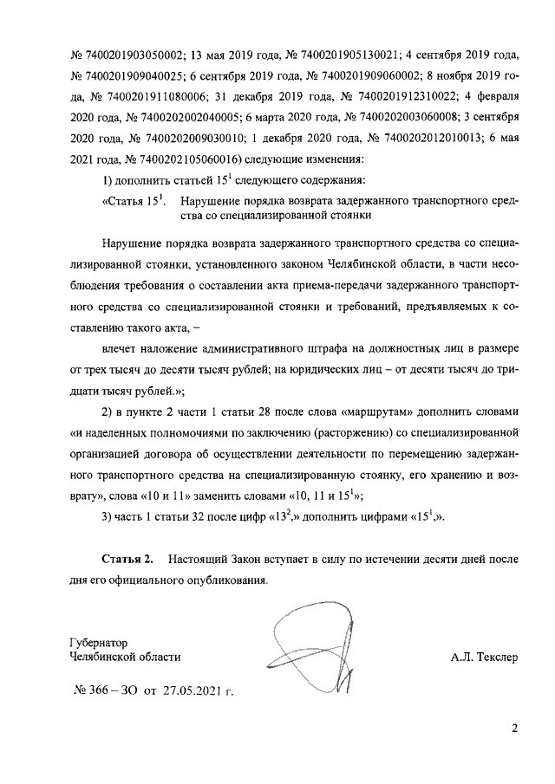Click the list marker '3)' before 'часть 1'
tap(108, 518)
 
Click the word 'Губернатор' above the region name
tap(98, 644)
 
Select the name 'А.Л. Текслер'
tap(483, 658)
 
